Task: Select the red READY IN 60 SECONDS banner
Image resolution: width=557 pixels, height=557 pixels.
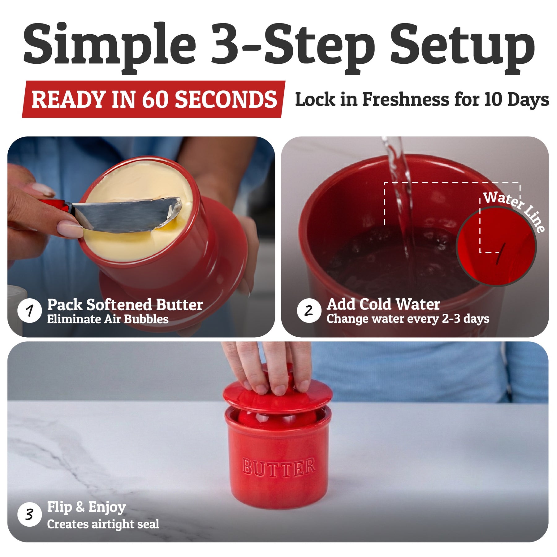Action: (153, 99)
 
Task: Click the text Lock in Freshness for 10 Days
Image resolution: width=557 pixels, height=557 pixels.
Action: (422, 100)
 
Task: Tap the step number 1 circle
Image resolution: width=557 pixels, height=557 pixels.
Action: (30, 310)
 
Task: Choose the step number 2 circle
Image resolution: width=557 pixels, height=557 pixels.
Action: (309, 310)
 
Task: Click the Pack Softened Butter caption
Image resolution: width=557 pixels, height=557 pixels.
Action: (125, 305)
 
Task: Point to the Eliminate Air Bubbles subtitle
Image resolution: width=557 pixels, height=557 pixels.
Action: (108, 319)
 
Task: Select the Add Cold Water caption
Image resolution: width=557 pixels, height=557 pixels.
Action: (383, 304)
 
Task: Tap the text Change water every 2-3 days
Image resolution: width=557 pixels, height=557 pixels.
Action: (408, 319)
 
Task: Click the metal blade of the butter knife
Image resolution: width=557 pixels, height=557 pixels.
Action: (127, 214)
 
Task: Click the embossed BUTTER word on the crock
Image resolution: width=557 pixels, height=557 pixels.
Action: (278, 468)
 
